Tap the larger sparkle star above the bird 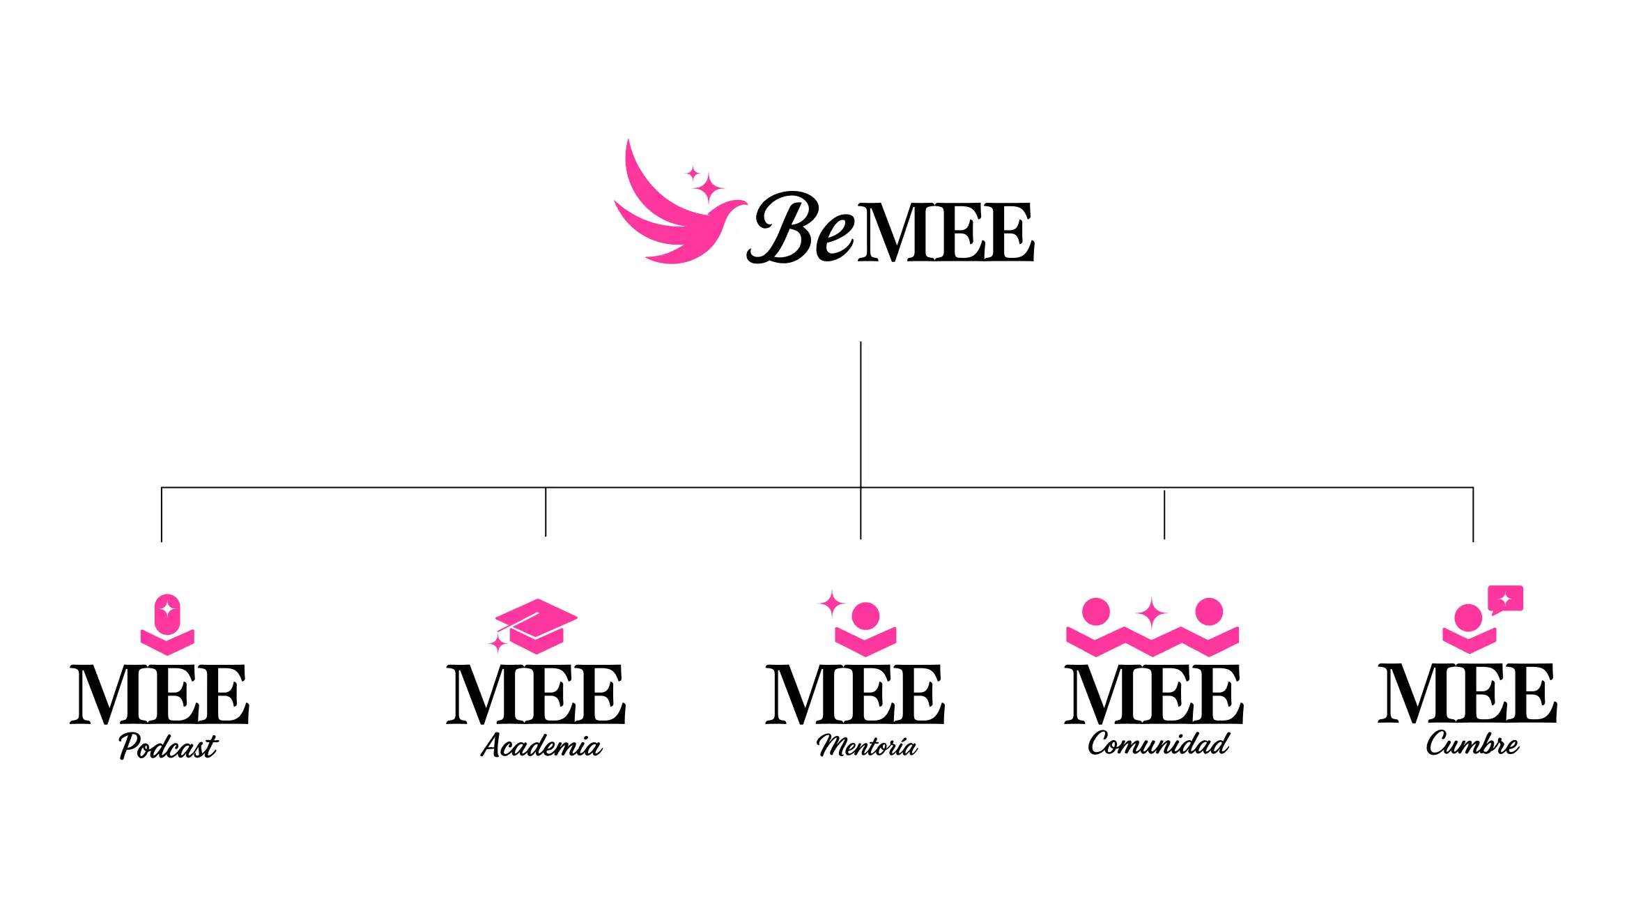point(709,188)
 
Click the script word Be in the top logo point(801,227)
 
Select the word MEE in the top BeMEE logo point(946,233)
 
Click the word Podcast point(168,746)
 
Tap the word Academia point(541,746)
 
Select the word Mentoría point(867,746)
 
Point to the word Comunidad point(1159,744)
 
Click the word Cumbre point(1472,744)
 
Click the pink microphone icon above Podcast point(167,613)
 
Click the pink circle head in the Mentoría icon point(865,616)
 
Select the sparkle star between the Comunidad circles point(1151,614)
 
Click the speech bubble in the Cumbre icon point(1505,599)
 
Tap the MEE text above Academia point(535,694)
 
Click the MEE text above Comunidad point(1153,694)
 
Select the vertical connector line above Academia point(546,512)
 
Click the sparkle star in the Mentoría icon point(832,604)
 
